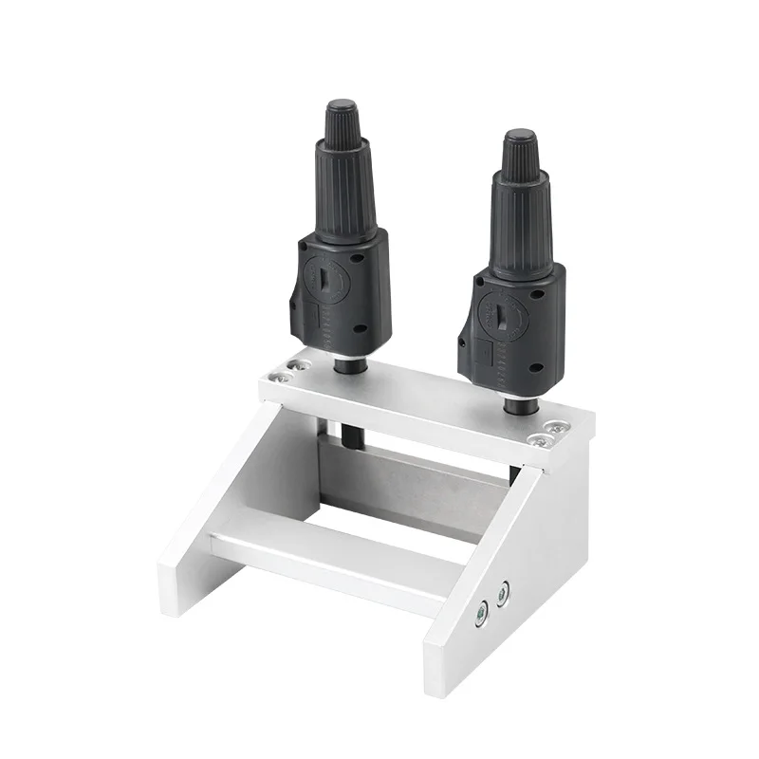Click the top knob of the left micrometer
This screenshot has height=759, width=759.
tap(341, 122)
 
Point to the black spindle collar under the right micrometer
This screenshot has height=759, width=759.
tap(518, 402)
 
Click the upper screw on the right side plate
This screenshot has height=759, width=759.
tap(503, 590)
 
